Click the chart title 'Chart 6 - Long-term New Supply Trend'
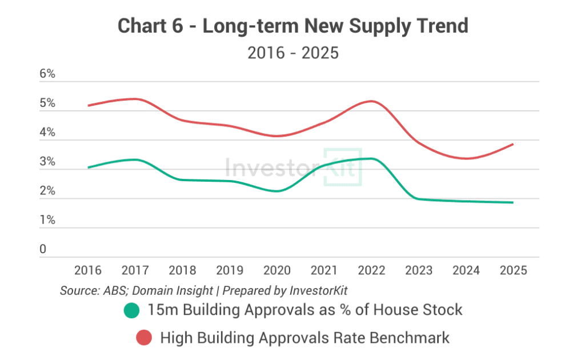click(292, 26)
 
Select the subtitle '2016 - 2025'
click(292, 53)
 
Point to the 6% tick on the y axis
click(47, 74)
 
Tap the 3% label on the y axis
click(47, 162)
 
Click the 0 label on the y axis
click(43, 250)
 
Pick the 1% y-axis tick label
click(47, 220)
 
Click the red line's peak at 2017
click(135, 99)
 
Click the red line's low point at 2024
click(467, 158)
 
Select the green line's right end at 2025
click(512, 202)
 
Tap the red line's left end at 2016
click(88, 105)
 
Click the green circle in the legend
click(131, 310)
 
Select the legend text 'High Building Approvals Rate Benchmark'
click(304, 338)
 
